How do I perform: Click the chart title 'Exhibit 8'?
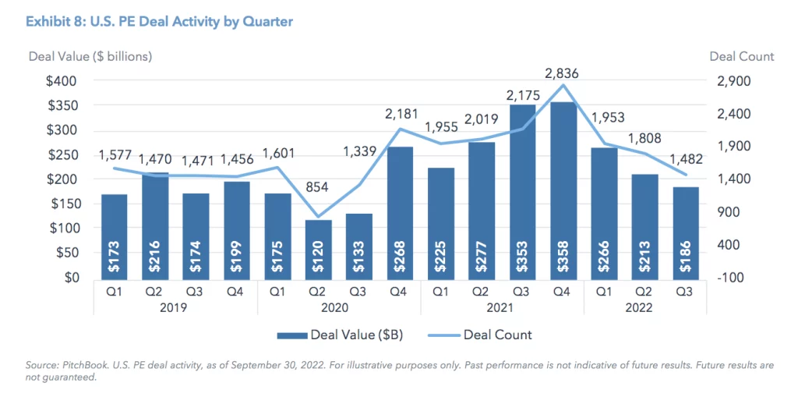pyautogui.click(x=161, y=21)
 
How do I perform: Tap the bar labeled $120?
pyautogui.click(x=319, y=250)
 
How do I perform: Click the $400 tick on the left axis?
pyautogui.click(x=61, y=81)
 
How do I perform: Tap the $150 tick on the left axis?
pyautogui.click(x=61, y=204)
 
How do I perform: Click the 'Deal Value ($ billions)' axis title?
pyautogui.click(x=90, y=56)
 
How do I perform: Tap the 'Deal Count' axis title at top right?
pyautogui.click(x=742, y=56)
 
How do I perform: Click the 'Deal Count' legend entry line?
pyautogui.click(x=441, y=335)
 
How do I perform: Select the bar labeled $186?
pyautogui.click(x=686, y=233)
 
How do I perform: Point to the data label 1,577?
pyautogui.click(x=115, y=155)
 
